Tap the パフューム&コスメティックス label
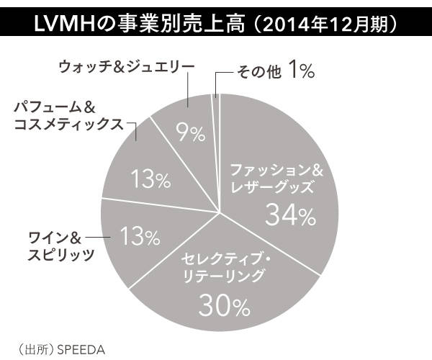tap(69, 117)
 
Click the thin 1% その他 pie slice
tap(215, 90)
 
